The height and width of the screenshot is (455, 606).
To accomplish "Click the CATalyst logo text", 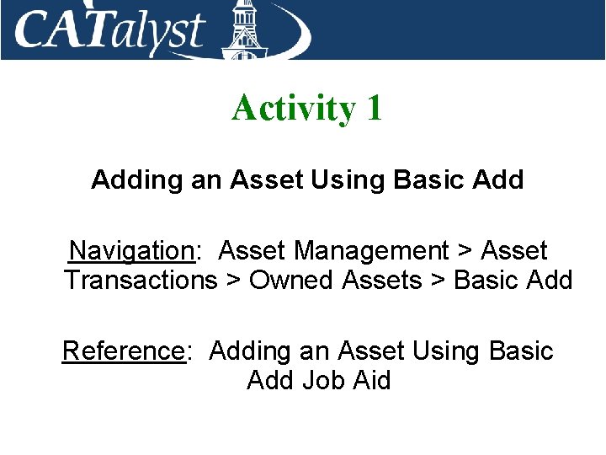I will coord(109,31).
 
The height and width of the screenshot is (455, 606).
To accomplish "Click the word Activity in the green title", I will coord(294,108).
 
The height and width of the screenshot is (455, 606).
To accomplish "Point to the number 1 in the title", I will coord(374,108).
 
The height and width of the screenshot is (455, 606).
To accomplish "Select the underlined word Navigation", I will coord(131,251).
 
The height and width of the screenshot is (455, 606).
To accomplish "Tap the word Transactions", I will coord(141,281).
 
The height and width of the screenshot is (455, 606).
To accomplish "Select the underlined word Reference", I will coord(123,351).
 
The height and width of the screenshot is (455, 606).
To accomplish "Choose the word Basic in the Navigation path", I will coord(486,281).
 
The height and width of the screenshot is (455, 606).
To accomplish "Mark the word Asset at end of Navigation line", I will coord(514,251).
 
